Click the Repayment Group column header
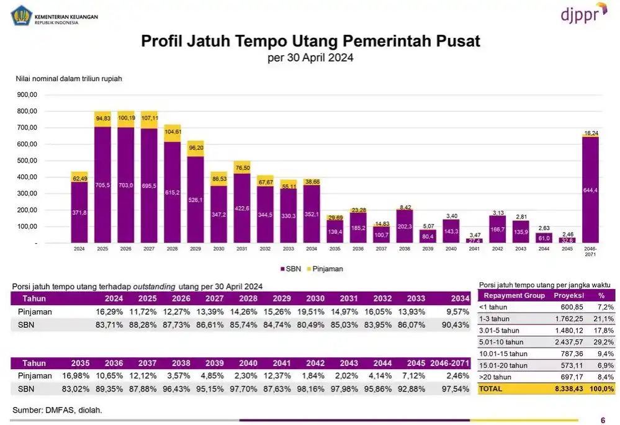tap(514, 295)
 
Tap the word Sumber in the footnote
tap(27, 410)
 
